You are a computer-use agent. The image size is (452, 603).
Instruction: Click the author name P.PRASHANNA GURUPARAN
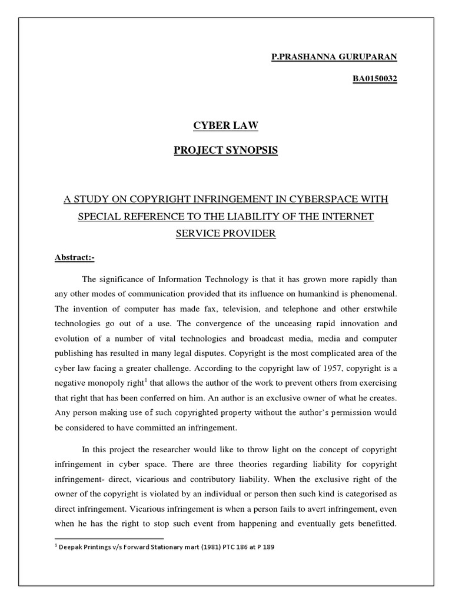[x=334, y=57]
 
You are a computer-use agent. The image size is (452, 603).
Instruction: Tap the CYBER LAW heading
[x=226, y=125]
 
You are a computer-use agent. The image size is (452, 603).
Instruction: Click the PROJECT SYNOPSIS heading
[x=226, y=150]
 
